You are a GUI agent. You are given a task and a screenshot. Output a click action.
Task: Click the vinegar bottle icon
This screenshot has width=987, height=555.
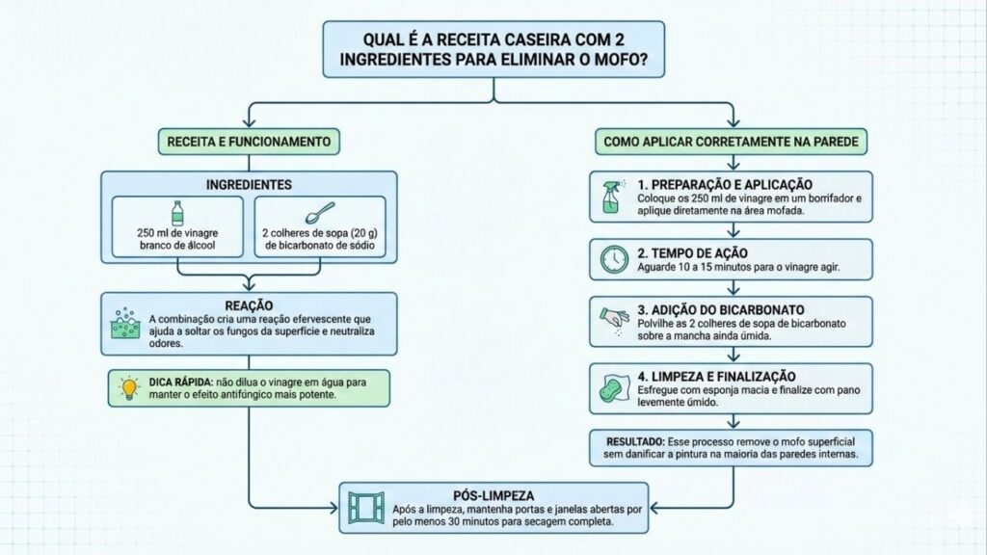pyautogui.click(x=176, y=214)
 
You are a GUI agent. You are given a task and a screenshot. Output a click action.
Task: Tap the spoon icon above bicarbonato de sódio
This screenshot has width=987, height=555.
pyautogui.click(x=319, y=215)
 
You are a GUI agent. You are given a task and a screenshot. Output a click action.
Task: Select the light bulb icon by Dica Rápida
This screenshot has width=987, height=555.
pyautogui.click(x=128, y=387)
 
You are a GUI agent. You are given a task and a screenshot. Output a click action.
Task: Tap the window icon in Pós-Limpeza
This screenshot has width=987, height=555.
pyautogui.click(x=366, y=508)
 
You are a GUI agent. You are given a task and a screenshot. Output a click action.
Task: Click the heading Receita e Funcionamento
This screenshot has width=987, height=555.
pyautogui.click(x=249, y=142)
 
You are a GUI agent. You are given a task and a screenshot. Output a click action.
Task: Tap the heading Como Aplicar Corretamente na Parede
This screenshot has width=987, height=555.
pyautogui.click(x=732, y=142)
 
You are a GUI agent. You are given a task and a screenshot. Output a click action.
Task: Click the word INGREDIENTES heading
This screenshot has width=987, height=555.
pyautogui.click(x=249, y=184)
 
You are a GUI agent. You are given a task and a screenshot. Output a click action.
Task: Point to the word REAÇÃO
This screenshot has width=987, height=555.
pyautogui.click(x=249, y=304)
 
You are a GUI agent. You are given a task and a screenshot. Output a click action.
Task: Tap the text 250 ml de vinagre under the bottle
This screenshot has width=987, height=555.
pyautogui.click(x=177, y=233)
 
